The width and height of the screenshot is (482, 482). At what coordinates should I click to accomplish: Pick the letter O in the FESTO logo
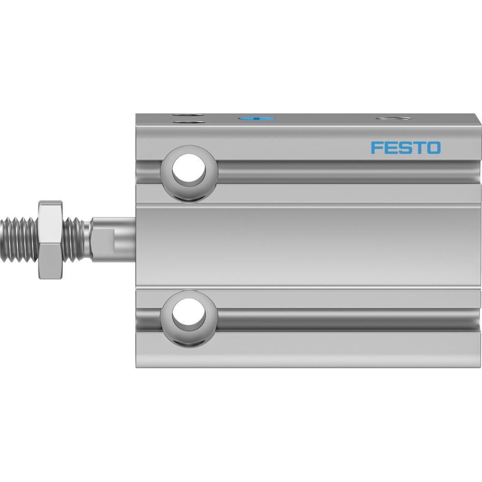click(x=432, y=147)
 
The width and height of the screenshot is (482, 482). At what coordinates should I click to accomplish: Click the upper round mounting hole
click(x=189, y=168)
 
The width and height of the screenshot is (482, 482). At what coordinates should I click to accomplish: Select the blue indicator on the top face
click(x=257, y=118)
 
